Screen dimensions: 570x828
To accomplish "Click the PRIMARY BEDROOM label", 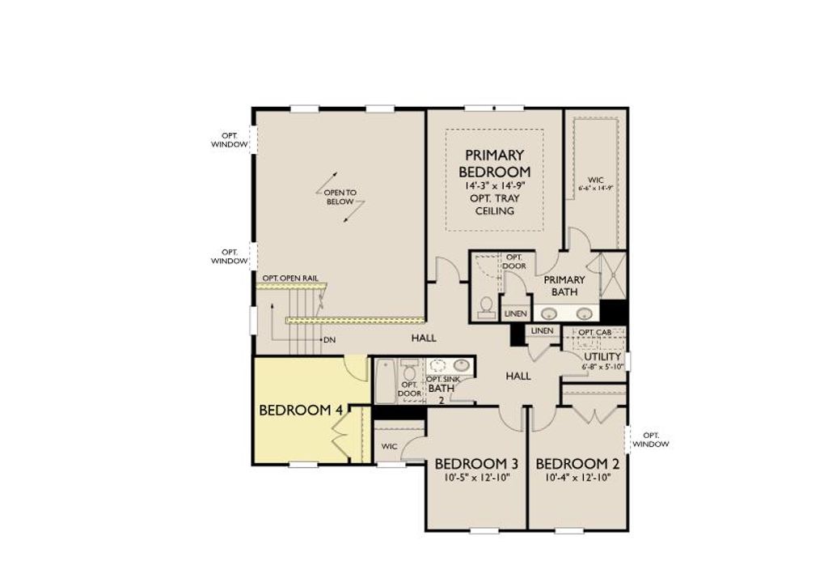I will (494, 163).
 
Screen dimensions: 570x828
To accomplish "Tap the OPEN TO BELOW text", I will (340, 198).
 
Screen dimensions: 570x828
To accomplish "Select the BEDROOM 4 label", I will (300, 410).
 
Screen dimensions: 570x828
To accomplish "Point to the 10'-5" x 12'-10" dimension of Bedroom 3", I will (475, 478).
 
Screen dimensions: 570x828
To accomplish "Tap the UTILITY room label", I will (602, 356).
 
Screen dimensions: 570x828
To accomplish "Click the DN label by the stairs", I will (329, 339).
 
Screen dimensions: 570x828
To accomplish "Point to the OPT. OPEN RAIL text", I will (289, 278).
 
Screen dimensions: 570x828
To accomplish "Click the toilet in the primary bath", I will (487, 305).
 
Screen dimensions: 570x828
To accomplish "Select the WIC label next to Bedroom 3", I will (389, 446).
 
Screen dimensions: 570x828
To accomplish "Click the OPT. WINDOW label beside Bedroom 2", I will (650, 440).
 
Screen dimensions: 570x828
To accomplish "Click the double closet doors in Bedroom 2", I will (594, 415).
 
